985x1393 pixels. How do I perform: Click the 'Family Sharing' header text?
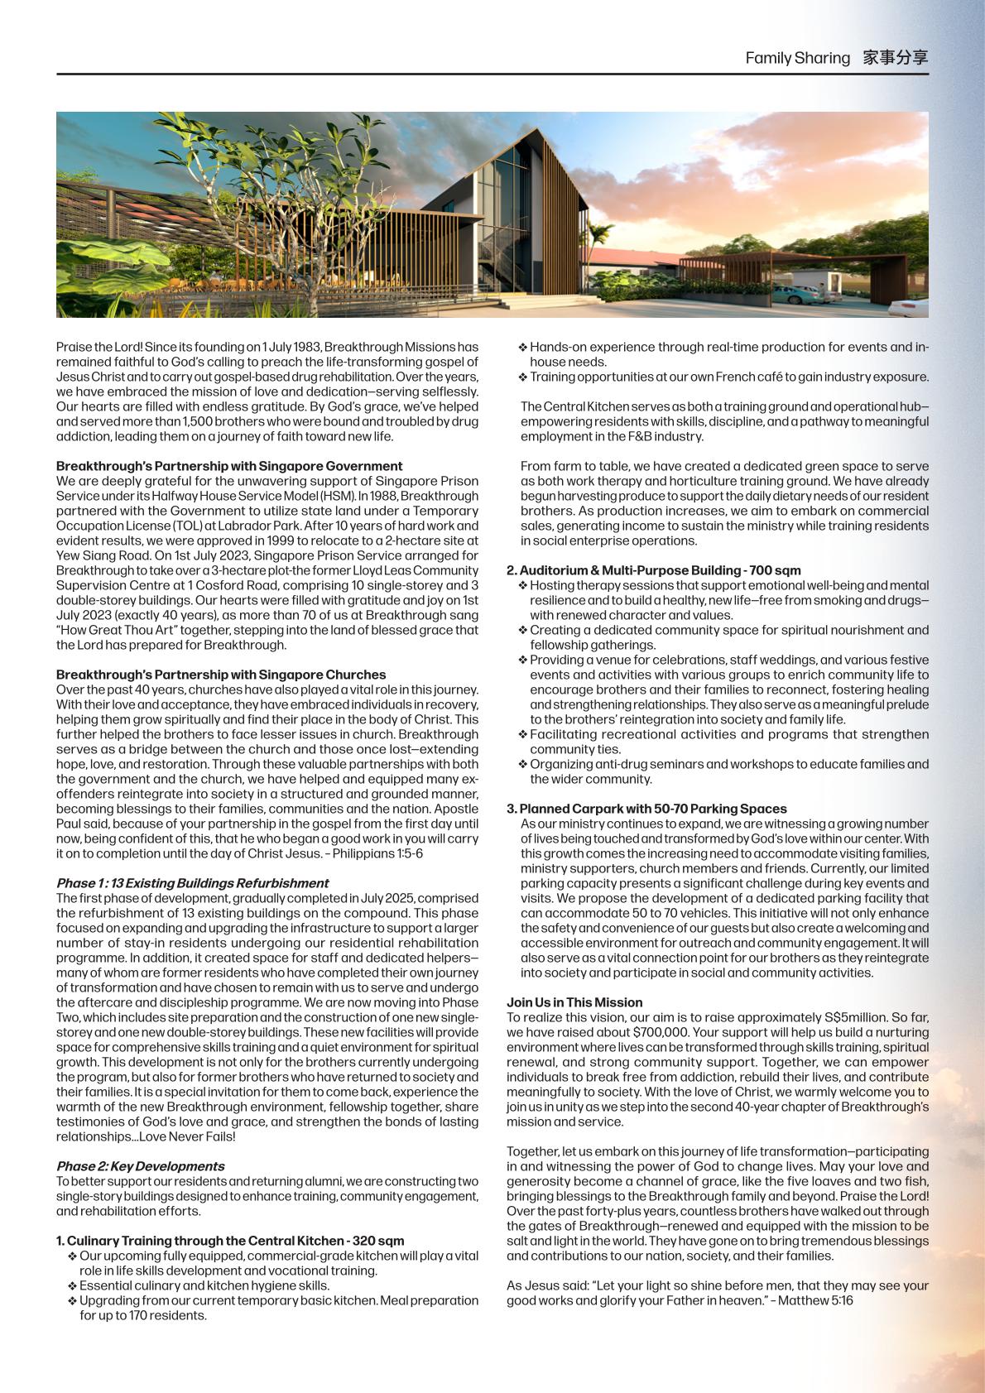tap(797, 58)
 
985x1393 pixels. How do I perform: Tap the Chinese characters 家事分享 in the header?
tap(895, 58)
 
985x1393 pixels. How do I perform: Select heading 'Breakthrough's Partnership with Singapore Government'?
tap(229, 466)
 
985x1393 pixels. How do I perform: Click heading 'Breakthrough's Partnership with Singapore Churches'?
tap(221, 675)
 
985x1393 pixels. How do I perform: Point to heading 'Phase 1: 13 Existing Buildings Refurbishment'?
tap(192, 883)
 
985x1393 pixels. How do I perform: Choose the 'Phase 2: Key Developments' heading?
tap(140, 1166)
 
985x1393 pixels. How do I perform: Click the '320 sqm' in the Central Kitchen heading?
tap(379, 1241)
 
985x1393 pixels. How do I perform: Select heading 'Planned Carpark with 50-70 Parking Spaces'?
tap(653, 809)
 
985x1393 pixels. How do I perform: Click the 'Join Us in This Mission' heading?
tap(574, 1002)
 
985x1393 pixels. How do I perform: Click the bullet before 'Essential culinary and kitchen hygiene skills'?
tap(73, 1286)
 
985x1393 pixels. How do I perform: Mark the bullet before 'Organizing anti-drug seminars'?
tap(523, 765)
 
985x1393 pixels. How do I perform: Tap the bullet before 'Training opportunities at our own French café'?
tap(523, 377)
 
